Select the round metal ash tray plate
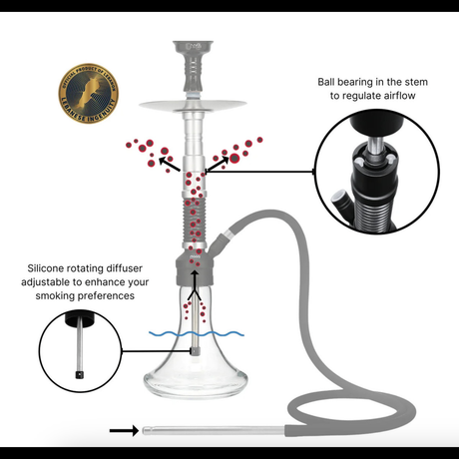[194, 107]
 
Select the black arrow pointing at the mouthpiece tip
[123, 431]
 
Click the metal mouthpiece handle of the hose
[210, 431]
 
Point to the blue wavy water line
[194, 333]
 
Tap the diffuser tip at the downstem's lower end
[194, 349]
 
